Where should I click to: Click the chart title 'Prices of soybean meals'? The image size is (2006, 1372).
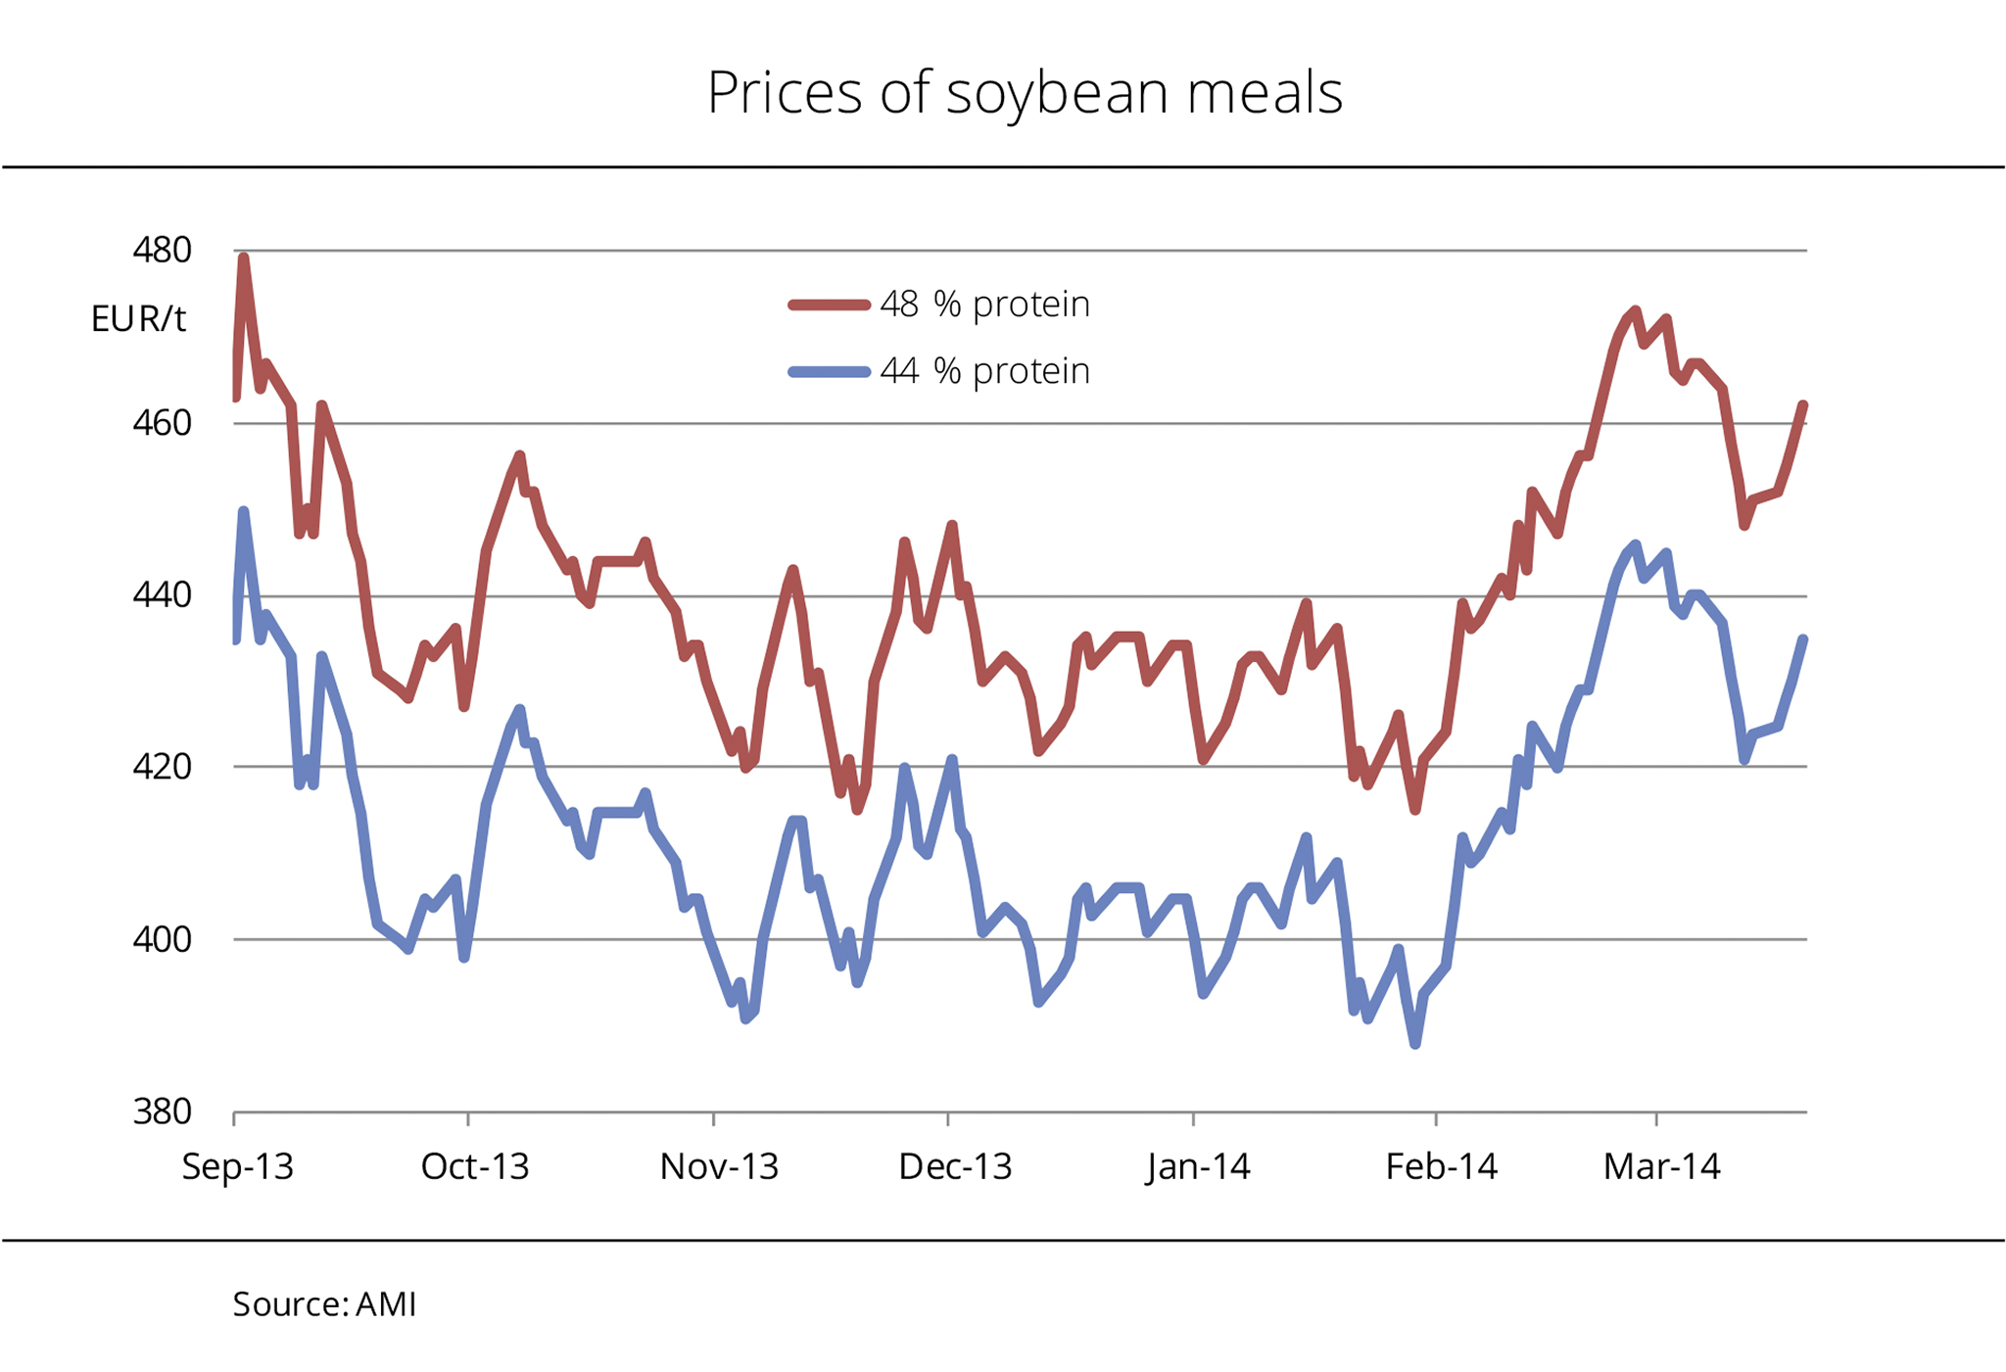tap(1025, 93)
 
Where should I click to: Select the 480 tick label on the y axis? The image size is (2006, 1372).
tap(162, 251)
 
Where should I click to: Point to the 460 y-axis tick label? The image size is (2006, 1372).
tap(162, 423)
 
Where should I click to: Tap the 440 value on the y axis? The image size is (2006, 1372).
tap(162, 594)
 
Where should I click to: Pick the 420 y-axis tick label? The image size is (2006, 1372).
tap(162, 767)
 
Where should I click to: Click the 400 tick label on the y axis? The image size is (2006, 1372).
tap(162, 939)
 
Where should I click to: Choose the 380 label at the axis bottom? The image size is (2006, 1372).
tap(162, 1112)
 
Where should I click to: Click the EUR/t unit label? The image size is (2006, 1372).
tap(138, 319)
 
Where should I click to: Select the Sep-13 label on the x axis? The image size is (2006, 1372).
tap(238, 1166)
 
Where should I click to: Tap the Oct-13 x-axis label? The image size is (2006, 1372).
tap(475, 1166)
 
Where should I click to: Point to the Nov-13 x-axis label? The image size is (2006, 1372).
tap(719, 1166)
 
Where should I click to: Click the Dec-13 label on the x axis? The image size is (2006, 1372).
tap(955, 1166)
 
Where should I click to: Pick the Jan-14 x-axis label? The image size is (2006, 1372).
tap(1198, 1166)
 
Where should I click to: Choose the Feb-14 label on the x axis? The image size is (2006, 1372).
tap(1441, 1166)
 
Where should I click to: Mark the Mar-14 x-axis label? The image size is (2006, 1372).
tap(1661, 1166)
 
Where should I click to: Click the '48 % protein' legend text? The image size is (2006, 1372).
tap(984, 305)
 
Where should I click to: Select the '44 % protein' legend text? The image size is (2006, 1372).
tap(984, 371)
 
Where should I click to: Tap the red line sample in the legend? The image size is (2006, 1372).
tap(829, 306)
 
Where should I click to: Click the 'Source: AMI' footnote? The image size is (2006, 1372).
tap(324, 1304)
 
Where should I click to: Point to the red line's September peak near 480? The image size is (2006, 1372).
tap(244, 258)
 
